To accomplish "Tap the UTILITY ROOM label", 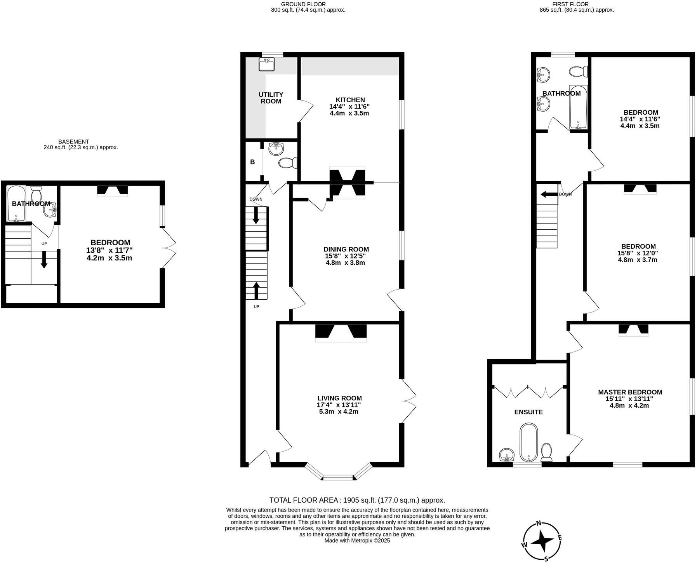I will point(271,98).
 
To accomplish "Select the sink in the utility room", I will point(266,64).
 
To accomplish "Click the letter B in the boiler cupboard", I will point(252,162).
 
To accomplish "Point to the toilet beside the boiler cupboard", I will point(288,163).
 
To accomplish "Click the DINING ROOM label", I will point(346,249).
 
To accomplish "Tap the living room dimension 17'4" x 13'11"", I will point(339,405).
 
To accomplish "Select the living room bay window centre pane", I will point(338,477).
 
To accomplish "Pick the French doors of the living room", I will point(408,401).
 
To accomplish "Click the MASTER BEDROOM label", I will point(630,392).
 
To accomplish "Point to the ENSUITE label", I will point(528,412).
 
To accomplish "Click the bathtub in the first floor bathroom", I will point(578,107).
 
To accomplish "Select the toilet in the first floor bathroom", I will point(579,72).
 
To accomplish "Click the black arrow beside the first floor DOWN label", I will point(549,194).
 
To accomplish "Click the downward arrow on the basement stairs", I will point(44,260).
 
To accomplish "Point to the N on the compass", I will point(538,523).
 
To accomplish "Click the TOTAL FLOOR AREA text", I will point(357,500).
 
